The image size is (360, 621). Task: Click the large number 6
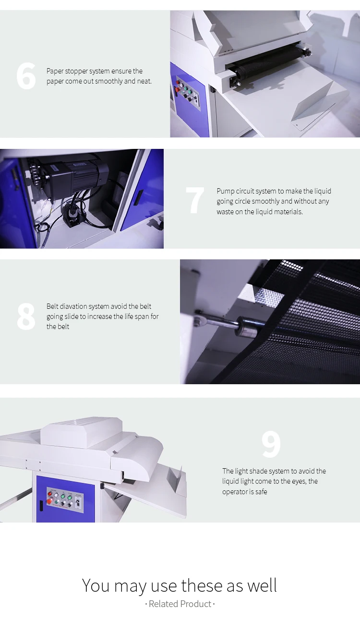click(26, 76)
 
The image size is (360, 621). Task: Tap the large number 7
click(195, 200)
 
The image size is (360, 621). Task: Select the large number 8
click(26, 316)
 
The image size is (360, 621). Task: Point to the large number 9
click(271, 444)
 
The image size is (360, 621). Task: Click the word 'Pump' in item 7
click(225, 191)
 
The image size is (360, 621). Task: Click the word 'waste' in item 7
click(225, 212)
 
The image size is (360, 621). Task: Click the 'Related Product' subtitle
click(180, 604)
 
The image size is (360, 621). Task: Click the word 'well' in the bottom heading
click(262, 585)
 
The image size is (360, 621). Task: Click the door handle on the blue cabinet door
click(139, 197)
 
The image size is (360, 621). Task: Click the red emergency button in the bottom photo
click(49, 501)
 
